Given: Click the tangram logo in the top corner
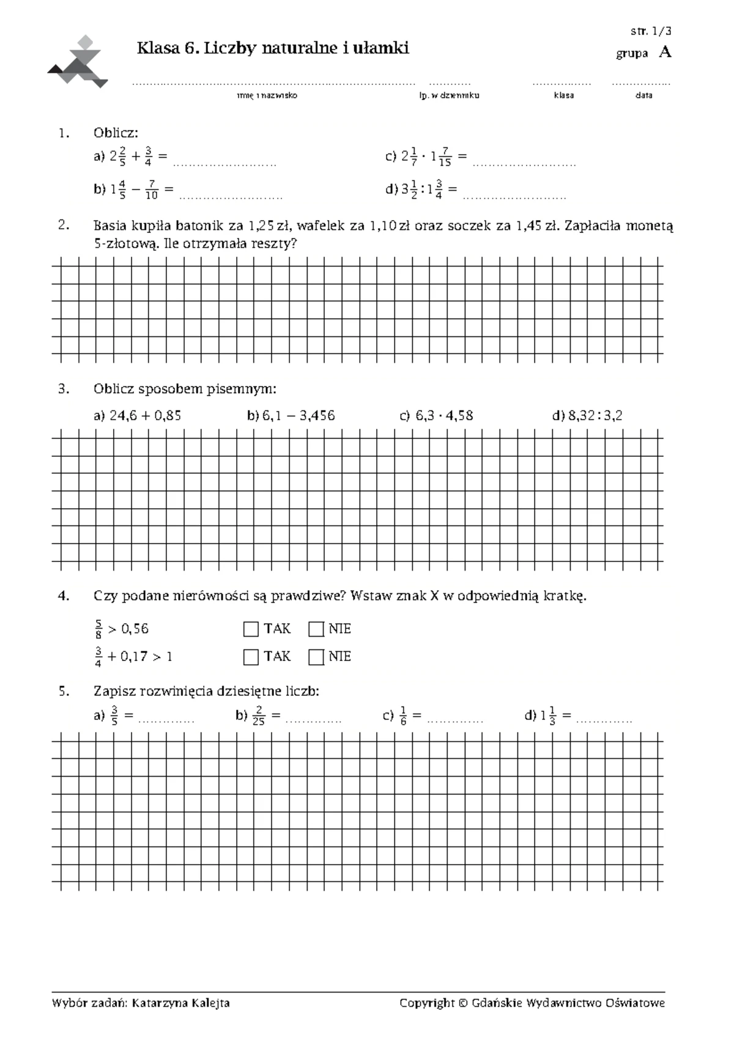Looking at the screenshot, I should (78, 62).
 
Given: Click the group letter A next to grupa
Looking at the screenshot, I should (665, 53).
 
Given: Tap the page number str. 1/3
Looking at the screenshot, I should (651, 32).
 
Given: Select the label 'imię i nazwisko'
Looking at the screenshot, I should (267, 95).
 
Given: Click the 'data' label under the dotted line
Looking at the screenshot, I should (643, 95).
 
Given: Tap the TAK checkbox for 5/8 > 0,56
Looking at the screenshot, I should (251, 629).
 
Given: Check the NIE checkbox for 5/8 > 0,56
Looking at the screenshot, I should (316, 629).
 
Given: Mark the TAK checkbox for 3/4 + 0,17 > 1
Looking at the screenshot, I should (251, 657).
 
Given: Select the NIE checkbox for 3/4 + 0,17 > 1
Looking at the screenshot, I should (316, 657).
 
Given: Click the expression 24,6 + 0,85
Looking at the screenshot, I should (146, 416).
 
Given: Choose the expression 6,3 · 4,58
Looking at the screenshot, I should (444, 416).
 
